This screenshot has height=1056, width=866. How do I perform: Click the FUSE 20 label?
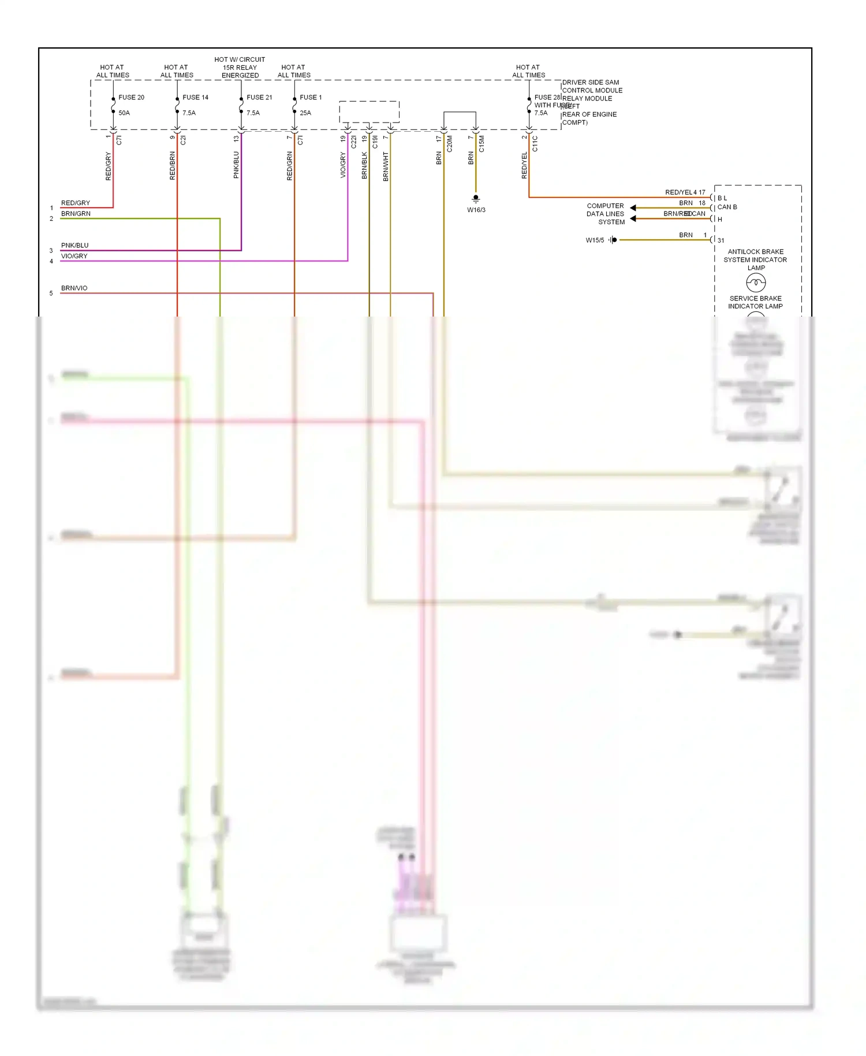[x=131, y=97]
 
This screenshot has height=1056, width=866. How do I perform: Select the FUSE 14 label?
[x=195, y=97]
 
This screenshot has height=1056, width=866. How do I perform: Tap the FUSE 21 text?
[x=259, y=97]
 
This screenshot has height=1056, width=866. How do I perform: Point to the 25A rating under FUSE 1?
[x=305, y=113]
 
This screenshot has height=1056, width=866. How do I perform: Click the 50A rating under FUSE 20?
[x=124, y=113]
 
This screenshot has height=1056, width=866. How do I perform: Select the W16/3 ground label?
[x=476, y=210]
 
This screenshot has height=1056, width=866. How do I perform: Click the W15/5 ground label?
[x=595, y=240]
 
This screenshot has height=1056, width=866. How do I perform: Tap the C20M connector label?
[x=450, y=144]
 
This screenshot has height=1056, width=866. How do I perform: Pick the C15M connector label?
[x=481, y=144]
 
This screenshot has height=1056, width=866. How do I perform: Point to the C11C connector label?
[x=535, y=144]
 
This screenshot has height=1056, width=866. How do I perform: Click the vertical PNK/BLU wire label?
[x=236, y=165]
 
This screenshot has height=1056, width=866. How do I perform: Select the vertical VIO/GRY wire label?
[x=343, y=165]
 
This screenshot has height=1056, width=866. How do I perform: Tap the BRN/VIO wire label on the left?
[x=74, y=288]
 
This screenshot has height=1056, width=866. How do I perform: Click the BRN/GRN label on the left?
[x=76, y=213]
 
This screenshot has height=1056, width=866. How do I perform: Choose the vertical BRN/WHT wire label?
[x=386, y=166]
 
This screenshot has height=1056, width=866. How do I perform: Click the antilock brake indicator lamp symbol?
[x=756, y=282]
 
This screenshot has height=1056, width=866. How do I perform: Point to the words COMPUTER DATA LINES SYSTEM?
[x=605, y=214]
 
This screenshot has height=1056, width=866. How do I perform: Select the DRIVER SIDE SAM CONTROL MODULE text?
[x=592, y=86]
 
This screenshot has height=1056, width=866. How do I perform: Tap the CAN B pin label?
[x=727, y=207]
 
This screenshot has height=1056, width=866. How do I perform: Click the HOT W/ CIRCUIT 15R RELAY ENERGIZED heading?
[x=240, y=67]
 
